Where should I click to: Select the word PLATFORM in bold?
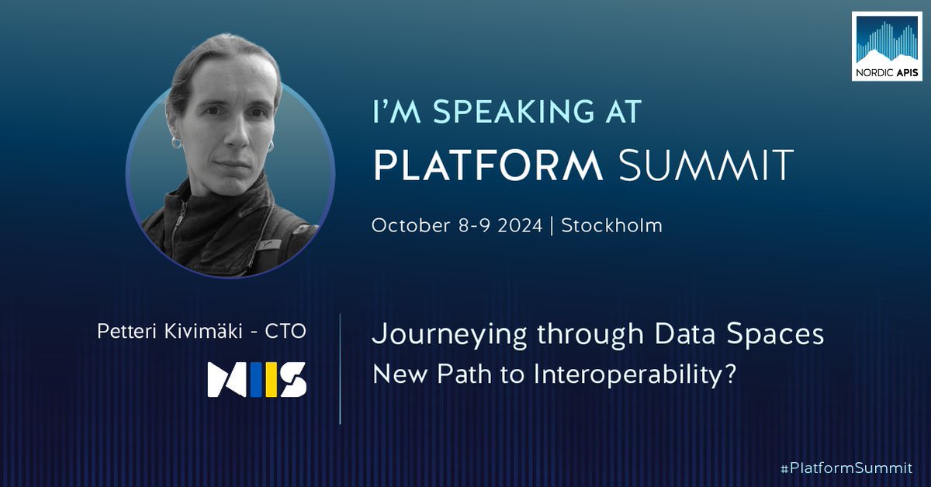pyautogui.click(x=488, y=165)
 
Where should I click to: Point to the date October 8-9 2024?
pyautogui.click(x=457, y=226)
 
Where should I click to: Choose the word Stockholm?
pyautogui.click(x=612, y=226)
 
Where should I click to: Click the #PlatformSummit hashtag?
pyautogui.click(x=846, y=468)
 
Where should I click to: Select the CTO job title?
pyautogui.click(x=286, y=332)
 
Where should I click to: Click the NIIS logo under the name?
pyautogui.click(x=257, y=378)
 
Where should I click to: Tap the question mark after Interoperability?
pyautogui.click(x=729, y=375)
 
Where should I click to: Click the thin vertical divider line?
pyautogui.click(x=341, y=369)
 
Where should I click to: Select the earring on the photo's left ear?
pyautogui.click(x=176, y=144)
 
